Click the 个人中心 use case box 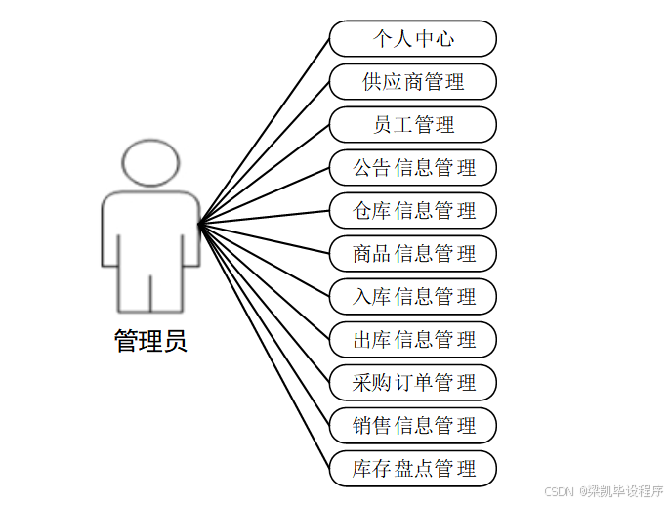[x=413, y=39]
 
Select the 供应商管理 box [x=413, y=82]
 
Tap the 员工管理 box [x=413, y=125]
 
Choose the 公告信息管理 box [x=413, y=168]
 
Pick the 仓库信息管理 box [x=413, y=211]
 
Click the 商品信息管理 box [x=413, y=254]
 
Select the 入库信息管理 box [x=413, y=297]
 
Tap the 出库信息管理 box [x=413, y=340]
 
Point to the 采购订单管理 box [x=413, y=383]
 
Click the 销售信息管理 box [x=413, y=426]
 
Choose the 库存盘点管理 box [x=413, y=469]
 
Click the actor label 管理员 [x=150, y=341]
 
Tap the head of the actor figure [x=150, y=163]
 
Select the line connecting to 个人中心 [x=264, y=133]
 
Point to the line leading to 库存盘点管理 [x=264, y=347]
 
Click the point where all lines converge [x=199, y=226]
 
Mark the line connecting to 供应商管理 [x=264, y=154]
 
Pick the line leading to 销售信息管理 [x=264, y=325]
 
